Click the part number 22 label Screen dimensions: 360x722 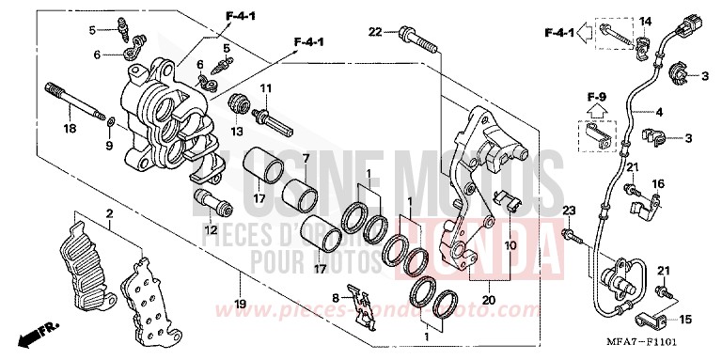[375, 33]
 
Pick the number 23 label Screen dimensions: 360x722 [569, 208]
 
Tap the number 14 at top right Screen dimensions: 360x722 [645, 21]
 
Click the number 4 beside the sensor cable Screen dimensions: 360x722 [659, 113]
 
